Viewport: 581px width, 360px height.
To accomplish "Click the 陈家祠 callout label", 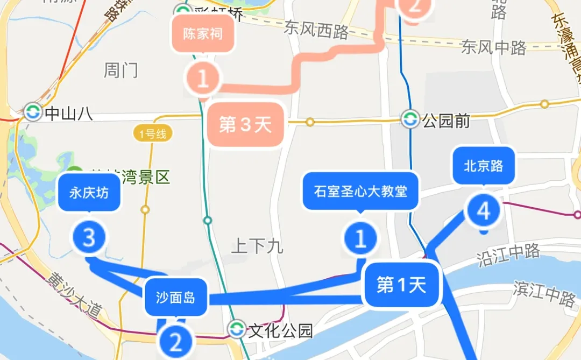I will (203, 35).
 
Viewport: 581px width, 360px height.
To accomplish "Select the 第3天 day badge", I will (245, 125).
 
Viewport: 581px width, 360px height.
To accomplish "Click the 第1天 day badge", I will (402, 285).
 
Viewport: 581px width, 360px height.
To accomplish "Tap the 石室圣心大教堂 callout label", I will (360, 191).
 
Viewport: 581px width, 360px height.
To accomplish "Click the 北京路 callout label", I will (484, 166).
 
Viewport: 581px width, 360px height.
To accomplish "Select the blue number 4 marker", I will (484, 211).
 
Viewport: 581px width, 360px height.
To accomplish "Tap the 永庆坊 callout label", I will (89, 193).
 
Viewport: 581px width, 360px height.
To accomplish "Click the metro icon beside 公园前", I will (410, 119).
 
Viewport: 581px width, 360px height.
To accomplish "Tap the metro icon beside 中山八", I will (33, 112).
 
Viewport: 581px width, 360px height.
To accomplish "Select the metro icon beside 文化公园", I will (236, 329).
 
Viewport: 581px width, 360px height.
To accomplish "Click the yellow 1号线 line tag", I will (152, 133).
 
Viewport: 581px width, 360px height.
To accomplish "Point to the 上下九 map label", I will (257, 246).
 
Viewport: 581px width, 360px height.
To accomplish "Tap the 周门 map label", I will (121, 70).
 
